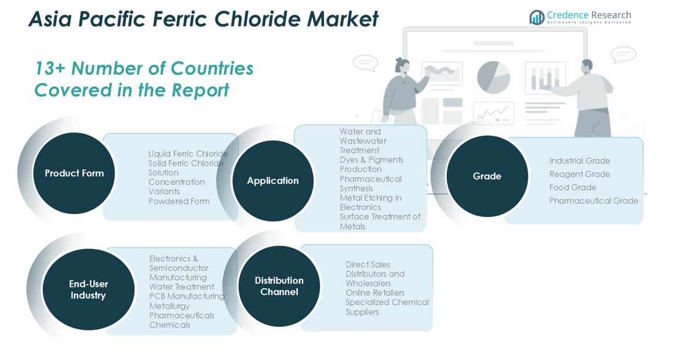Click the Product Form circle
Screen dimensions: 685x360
click(x=74, y=173)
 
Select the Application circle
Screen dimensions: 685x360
click(x=273, y=180)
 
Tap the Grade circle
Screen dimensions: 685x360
click(x=487, y=176)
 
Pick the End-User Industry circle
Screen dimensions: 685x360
click(x=88, y=289)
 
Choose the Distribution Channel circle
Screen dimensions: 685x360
click(x=279, y=286)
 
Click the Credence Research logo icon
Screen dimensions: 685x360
click(x=537, y=17)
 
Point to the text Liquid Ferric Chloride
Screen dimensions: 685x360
click(x=188, y=154)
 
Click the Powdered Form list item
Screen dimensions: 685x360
click(x=178, y=201)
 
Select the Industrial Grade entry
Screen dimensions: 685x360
click(x=580, y=161)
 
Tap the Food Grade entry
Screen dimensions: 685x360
click(x=573, y=187)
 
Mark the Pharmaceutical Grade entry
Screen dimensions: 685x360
click(x=593, y=201)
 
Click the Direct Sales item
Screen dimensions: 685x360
click(x=367, y=264)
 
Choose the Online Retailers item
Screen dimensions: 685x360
click(x=375, y=293)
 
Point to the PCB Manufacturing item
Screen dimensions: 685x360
click(x=187, y=296)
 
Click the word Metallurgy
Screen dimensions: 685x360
click(x=169, y=306)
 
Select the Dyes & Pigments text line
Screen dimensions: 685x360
click(x=371, y=160)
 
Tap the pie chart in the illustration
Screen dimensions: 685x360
click(x=494, y=77)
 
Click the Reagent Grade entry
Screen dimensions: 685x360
click(x=580, y=174)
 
